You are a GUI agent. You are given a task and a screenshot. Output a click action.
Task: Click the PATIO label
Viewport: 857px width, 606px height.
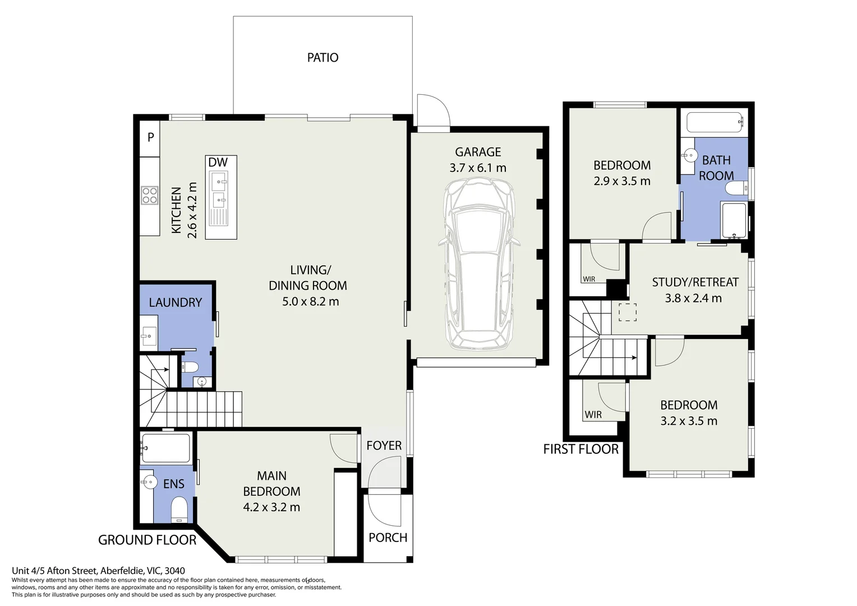[x=322, y=57]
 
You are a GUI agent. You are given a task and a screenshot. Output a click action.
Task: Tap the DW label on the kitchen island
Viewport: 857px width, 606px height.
[x=218, y=163]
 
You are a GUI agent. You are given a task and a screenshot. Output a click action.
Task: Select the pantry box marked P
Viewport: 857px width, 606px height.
[x=150, y=137]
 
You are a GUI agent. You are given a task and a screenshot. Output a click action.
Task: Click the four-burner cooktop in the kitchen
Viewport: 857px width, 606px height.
[x=150, y=195]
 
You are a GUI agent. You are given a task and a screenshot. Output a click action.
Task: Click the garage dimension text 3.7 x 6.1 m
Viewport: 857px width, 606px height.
[x=477, y=168]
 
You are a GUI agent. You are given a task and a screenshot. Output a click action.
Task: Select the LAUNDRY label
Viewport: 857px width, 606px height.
[x=175, y=302]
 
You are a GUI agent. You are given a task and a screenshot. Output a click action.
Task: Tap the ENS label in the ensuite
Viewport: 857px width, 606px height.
[x=173, y=484]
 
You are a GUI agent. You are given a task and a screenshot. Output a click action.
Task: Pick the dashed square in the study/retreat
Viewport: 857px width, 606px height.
[x=627, y=312]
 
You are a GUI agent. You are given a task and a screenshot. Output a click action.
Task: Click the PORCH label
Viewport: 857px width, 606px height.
[x=388, y=538]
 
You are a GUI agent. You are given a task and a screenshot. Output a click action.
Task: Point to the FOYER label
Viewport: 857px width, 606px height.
[x=384, y=446]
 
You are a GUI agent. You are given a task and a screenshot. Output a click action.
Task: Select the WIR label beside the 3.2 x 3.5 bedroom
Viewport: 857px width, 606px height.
[x=593, y=415]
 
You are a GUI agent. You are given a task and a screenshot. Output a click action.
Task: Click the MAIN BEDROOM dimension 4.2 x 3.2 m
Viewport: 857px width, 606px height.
[x=271, y=507]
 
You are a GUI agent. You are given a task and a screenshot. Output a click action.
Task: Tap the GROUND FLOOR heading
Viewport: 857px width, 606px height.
[x=147, y=540]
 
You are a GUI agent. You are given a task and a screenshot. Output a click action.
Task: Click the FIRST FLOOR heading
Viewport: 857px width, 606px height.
[x=580, y=449]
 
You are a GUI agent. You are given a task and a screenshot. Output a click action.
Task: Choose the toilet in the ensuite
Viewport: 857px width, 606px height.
[x=179, y=510]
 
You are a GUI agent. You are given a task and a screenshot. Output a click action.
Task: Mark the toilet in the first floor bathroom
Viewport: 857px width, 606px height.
[x=739, y=188]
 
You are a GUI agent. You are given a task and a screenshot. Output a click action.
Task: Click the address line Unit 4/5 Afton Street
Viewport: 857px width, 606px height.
[x=98, y=571]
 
